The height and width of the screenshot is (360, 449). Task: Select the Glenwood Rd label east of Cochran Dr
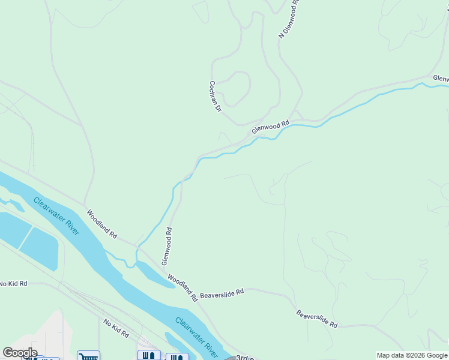tap(271, 126)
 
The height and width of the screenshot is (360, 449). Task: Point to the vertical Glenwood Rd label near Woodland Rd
tap(166, 246)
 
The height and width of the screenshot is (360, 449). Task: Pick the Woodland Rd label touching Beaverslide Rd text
tap(182, 287)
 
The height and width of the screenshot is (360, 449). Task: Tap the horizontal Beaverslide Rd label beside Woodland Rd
tap(222, 293)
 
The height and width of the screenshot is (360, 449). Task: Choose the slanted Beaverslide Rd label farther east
tap(317, 319)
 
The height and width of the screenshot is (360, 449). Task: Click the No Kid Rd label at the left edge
tap(13, 283)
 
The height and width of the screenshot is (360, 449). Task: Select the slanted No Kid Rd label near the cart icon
tap(116, 329)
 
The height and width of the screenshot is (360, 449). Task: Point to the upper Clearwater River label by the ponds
tap(56, 216)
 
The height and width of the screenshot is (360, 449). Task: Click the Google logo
tap(19, 353)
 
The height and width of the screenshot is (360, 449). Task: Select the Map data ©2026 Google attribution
tap(412, 356)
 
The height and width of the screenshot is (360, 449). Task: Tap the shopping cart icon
tap(88, 356)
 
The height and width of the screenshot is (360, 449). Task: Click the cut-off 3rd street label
tap(243, 358)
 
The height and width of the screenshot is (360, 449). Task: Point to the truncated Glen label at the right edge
tap(441, 79)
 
